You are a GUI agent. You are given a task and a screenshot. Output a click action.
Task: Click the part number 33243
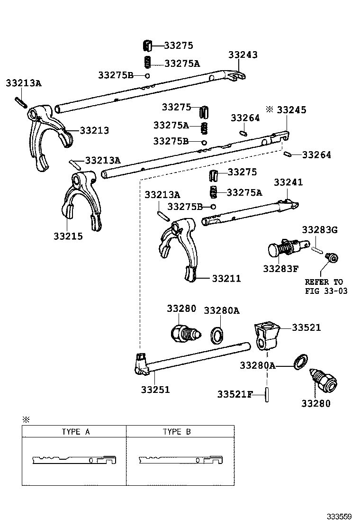[243, 55]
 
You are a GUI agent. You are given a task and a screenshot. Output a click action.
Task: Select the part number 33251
[155, 390]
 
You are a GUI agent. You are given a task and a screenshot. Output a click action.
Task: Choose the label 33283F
[281, 269]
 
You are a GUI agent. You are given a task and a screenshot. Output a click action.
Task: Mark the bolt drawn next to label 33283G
[333, 258]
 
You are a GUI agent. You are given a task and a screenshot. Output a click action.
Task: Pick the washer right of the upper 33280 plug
[217, 336]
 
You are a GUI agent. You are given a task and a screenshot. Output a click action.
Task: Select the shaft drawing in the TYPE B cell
[180, 460]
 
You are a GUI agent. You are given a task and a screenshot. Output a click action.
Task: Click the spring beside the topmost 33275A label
[147, 62]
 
